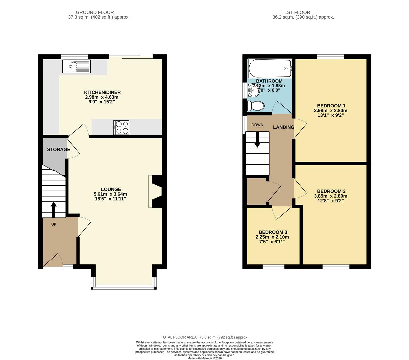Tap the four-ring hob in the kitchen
pyautogui.click(x=121, y=127)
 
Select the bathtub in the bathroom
pyautogui.click(x=270, y=68)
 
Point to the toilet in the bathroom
pyautogui.click(x=255, y=106)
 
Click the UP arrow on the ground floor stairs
pyautogui.click(x=53, y=209)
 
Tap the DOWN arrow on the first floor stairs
pyautogui.click(x=257, y=140)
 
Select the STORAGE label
pyautogui.click(x=59, y=149)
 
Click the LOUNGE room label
pyautogui.click(x=111, y=189)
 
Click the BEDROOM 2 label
pyautogui.click(x=331, y=191)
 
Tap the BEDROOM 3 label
pyautogui.click(x=273, y=232)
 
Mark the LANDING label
pyautogui.click(x=284, y=127)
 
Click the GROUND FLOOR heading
pyautogui.click(x=95, y=12)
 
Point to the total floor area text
pyautogui.click(x=204, y=337)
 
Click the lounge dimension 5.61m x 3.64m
pyautogui.click(x=110, y=194)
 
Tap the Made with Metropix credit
pyautogui.click(x=204, y=358)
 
